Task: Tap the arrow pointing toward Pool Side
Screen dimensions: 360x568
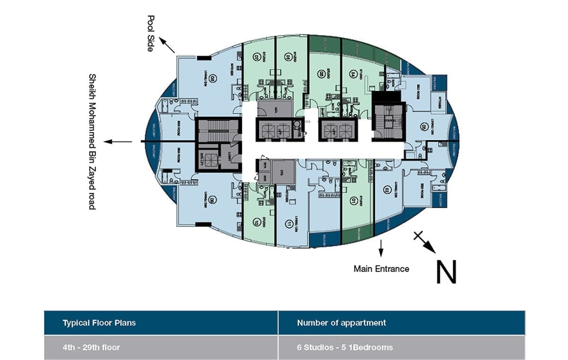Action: click(x=167, y=45)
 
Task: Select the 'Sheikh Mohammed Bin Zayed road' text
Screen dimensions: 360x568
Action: click(x=92, y=141)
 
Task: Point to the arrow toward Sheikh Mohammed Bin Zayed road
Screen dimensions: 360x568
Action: click(x=118, y=141)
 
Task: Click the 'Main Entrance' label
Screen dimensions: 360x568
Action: click(x=381, y=269)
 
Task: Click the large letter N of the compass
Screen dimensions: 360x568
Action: click(x=446, y=272)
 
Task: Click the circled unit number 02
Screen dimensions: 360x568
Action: click(x=386, y=191)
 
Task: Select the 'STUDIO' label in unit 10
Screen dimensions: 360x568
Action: click(x=263, y=222)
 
